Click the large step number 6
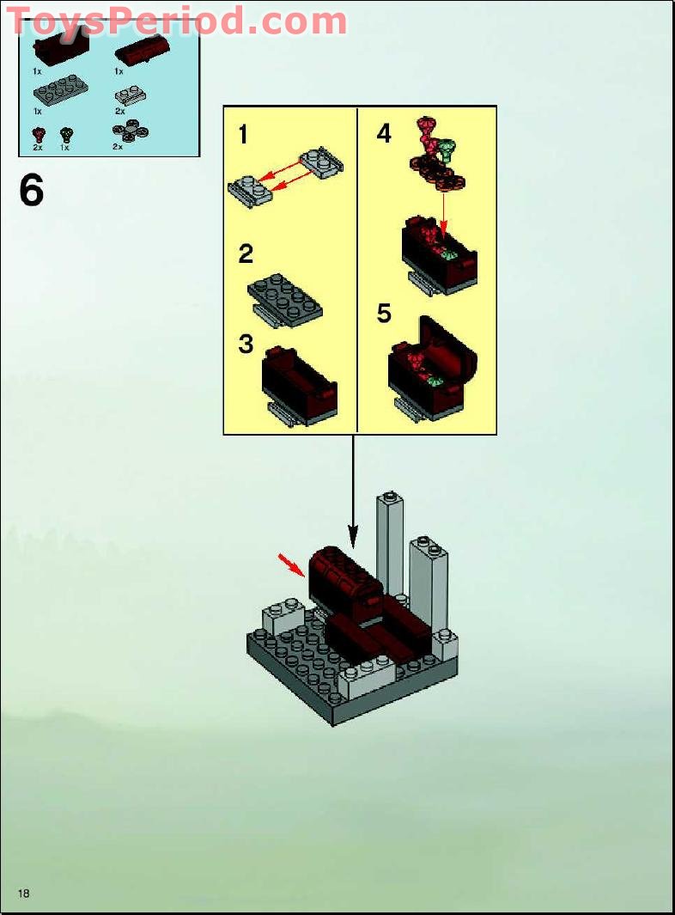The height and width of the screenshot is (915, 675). point(31,190)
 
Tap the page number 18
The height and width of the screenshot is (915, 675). point(23,894)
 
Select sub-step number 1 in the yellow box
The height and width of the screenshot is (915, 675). point(243,135)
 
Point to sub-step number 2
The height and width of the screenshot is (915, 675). point(246,253)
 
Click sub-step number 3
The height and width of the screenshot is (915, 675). point(246,344)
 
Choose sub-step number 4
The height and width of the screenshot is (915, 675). point(384,134)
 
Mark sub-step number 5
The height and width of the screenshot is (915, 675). point(384,314)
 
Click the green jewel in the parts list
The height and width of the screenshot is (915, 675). point(66,134)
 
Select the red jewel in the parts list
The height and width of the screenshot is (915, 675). point(38,134)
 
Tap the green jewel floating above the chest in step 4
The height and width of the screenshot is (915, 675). point(447,151)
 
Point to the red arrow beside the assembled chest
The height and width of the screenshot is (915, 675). point(292,564)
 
